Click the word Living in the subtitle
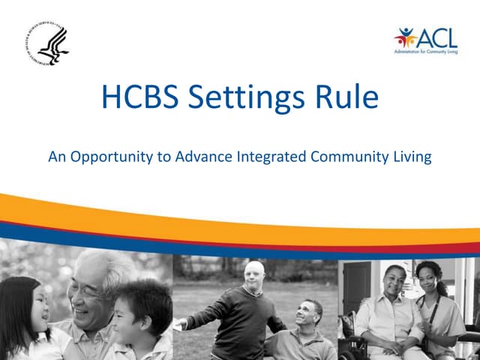411,158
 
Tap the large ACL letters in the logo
437,37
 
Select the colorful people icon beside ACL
406,38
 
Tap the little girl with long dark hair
25,315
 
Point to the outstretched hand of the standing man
179,324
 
